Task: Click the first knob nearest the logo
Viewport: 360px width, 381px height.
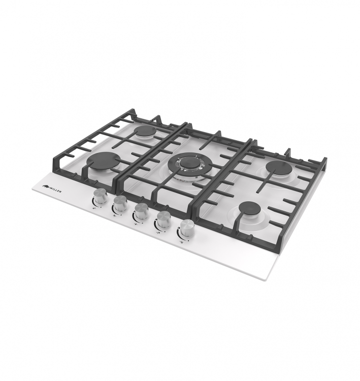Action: coord(100,196)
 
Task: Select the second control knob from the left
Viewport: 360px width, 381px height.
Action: coord(120,203)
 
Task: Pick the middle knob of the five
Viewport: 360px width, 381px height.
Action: coord(141,211)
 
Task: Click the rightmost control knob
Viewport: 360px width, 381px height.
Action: coord(186,228)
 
